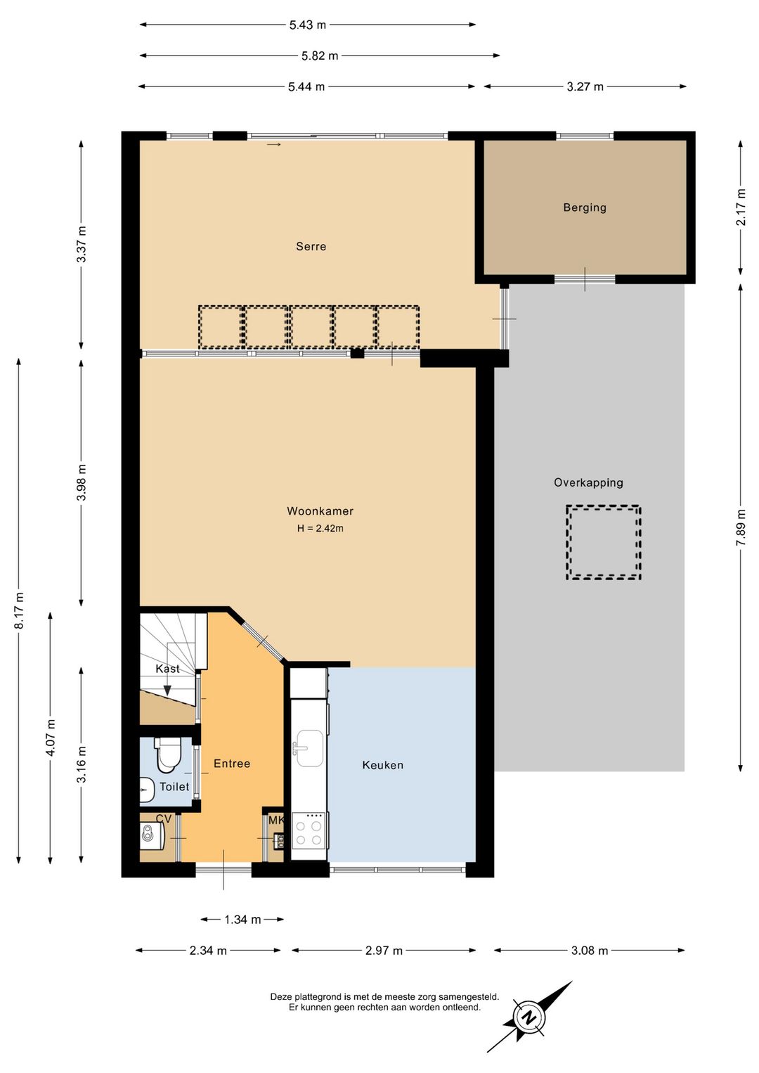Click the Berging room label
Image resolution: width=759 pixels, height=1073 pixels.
click(x=584, y=207)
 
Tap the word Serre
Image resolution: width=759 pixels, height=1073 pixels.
click(x=311, y=246)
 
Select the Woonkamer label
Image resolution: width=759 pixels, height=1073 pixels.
click(x=320, y=511)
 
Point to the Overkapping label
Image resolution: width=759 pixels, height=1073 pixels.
click(x=588, y=483)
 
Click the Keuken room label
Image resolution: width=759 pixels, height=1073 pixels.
click(x=382, y=765)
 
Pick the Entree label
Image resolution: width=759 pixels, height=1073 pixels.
click(x=232, y=764)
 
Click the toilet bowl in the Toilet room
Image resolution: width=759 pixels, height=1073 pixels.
click(x=167, y=754)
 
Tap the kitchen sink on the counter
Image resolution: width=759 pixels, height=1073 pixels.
click(x=309, y=747)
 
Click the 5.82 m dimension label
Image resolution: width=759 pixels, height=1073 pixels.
click(x=319, y=56)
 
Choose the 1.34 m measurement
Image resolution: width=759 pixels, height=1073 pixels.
click(x=242, y=919)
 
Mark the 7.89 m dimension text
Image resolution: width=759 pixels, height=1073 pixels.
click(x=741, y=527)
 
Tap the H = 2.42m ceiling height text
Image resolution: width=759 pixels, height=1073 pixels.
click(x=320, y=528)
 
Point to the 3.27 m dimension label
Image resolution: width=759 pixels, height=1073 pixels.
click(x=585, y=86)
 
